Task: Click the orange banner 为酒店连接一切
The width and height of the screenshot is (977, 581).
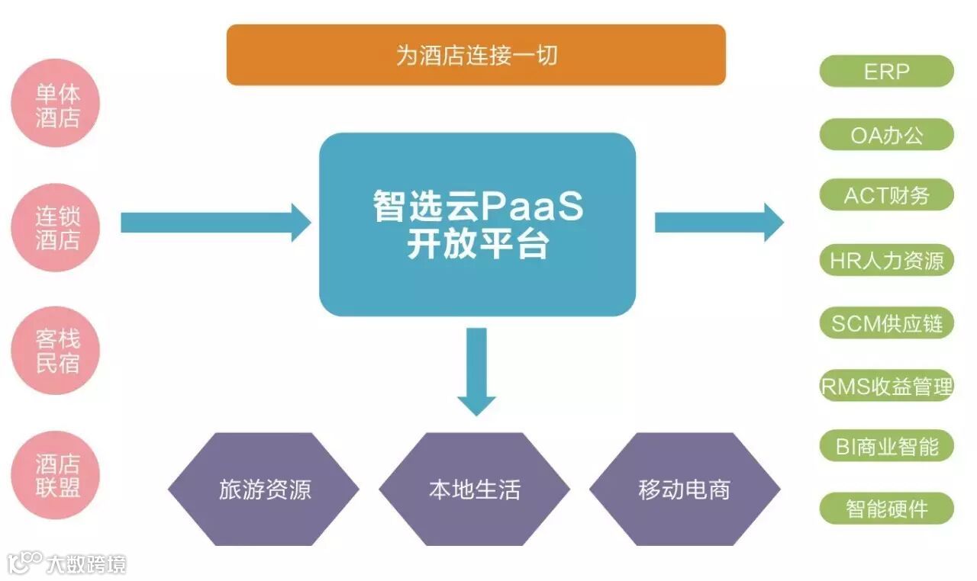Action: (x=476, y=55)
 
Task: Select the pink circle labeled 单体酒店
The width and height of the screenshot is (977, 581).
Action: (x=57, y=105)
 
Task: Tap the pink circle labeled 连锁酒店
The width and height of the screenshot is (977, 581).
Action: (x=57, y=228)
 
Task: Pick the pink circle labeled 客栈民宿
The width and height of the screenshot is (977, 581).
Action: (x=57, y=351)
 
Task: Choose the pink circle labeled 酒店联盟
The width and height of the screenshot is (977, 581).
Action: (x=57, y=475)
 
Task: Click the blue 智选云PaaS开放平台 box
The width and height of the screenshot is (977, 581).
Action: (x=477, y=224)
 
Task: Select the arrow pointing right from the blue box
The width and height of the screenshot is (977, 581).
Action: (x=718, y=222)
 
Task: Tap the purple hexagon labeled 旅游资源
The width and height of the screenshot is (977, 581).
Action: (x=264, y=489)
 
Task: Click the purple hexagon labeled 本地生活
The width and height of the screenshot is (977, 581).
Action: (x=475, y=489)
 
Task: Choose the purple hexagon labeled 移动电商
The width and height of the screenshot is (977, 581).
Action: (x=685, y=489)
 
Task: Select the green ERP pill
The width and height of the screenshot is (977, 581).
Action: (x=886, y=72)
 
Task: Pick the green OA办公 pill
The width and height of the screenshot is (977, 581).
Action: (x=886, y=135)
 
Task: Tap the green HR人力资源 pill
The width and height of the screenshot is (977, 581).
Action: (x=886, y=261)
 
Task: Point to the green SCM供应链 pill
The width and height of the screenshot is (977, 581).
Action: (x=886, y=323)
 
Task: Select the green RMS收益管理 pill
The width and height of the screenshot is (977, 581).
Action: (x=886, y=386)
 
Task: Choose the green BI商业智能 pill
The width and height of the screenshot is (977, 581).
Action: (x=886, y=446)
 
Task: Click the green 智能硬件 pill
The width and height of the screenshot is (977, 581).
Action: (x=886, y=509)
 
